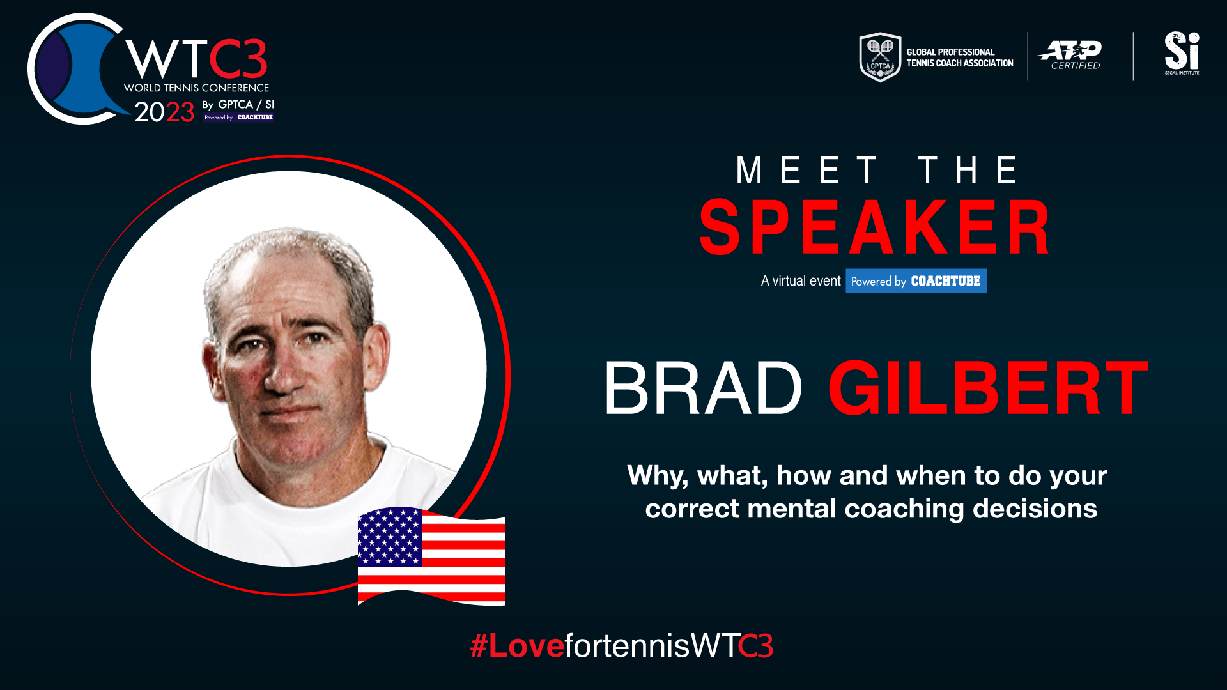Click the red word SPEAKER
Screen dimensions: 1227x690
[875, 227]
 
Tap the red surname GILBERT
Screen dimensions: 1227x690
[988, 388]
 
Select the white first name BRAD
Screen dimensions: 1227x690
[702, 388]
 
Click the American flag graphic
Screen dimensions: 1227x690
[431, 556]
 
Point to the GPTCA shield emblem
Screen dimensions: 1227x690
[880, 57]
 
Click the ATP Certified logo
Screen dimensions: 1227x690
[1070, 55]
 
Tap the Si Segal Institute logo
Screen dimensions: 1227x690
[1182, 53]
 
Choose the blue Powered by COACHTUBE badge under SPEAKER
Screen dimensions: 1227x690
[916, 280]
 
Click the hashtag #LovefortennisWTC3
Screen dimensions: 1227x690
[622, 645]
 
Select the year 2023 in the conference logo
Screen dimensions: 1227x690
[164, 112]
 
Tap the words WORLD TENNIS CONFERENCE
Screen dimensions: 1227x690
[196, 88]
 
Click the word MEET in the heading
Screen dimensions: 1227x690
[806, 170]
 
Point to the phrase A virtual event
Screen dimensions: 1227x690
[801, 281]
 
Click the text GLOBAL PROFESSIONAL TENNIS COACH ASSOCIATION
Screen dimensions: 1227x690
[960, 57]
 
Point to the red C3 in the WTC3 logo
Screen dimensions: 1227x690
[238, 59]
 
